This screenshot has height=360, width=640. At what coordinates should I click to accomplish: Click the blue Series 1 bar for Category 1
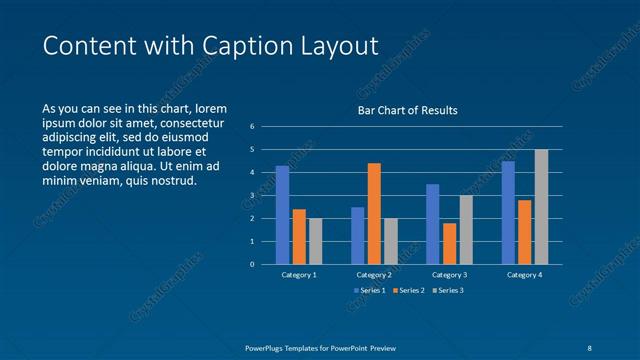click(283, 215)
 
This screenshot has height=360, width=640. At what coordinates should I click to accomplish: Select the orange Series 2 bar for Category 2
click(374, 213)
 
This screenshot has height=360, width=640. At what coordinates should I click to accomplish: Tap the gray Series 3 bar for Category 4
click(541, 207)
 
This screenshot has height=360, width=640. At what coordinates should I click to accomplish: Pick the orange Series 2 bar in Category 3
click(449, 243)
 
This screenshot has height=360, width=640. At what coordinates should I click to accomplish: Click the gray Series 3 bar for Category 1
click(316, 241)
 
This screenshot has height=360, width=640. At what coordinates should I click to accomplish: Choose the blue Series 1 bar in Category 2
click(358, 235)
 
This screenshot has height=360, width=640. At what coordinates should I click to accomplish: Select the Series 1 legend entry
click(370, 290)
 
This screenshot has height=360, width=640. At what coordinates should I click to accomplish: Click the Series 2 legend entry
click(409, 290)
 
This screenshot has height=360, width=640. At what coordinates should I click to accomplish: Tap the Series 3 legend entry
click(449, 290)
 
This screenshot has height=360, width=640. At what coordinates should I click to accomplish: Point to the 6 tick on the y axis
click(252, 127)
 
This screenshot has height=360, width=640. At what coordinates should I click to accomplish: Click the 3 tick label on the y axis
click(252, 196)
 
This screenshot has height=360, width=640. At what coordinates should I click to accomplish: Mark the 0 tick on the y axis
click(252, 265)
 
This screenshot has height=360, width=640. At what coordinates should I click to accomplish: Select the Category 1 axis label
click(299, 275)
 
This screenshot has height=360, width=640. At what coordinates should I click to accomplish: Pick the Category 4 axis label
click(524, 275)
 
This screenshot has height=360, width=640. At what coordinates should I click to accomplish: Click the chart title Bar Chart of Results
click(408, 111)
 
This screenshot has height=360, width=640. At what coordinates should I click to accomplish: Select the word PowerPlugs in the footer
click(269, 347)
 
